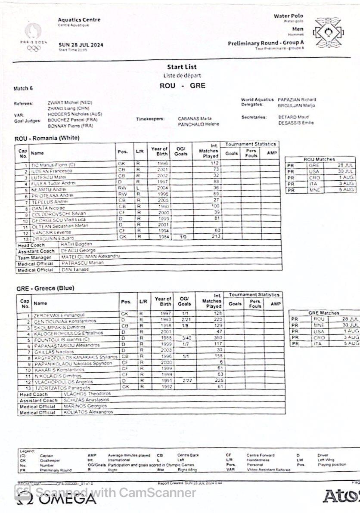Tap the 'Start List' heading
[x=182, y=67]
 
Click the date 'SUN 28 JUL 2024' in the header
[x=81, y=45]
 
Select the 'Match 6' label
[x=23, y=89]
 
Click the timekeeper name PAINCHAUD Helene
[x=199, y=124]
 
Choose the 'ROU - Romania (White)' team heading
[x=47, y=138]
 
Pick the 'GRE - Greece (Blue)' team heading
[x=45, y=288]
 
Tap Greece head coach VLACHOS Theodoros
[x=87, y=394]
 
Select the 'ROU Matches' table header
[x=319, y=159]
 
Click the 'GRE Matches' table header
[x=323, y=313]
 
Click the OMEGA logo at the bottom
[x=56, y=499]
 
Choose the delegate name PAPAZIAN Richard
[x=297, y=99]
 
